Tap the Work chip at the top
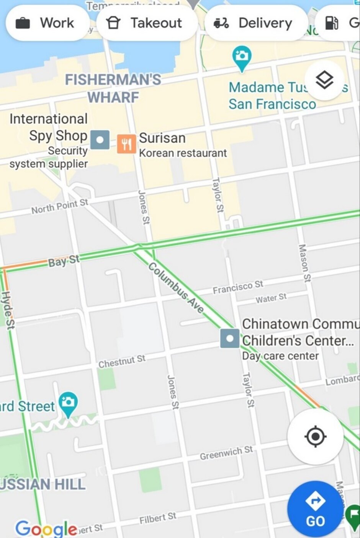point(45,23)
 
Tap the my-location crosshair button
point(315,436)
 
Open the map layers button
point(324,80)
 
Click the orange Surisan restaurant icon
point(126,144)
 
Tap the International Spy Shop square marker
point(100,140)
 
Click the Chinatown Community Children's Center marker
point(230,339)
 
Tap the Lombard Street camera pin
point(68,404)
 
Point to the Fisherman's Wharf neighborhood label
point(113,88)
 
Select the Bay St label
point(64,261)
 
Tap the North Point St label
point(60,207)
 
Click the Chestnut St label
point(122,361)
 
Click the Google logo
point(46,528)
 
